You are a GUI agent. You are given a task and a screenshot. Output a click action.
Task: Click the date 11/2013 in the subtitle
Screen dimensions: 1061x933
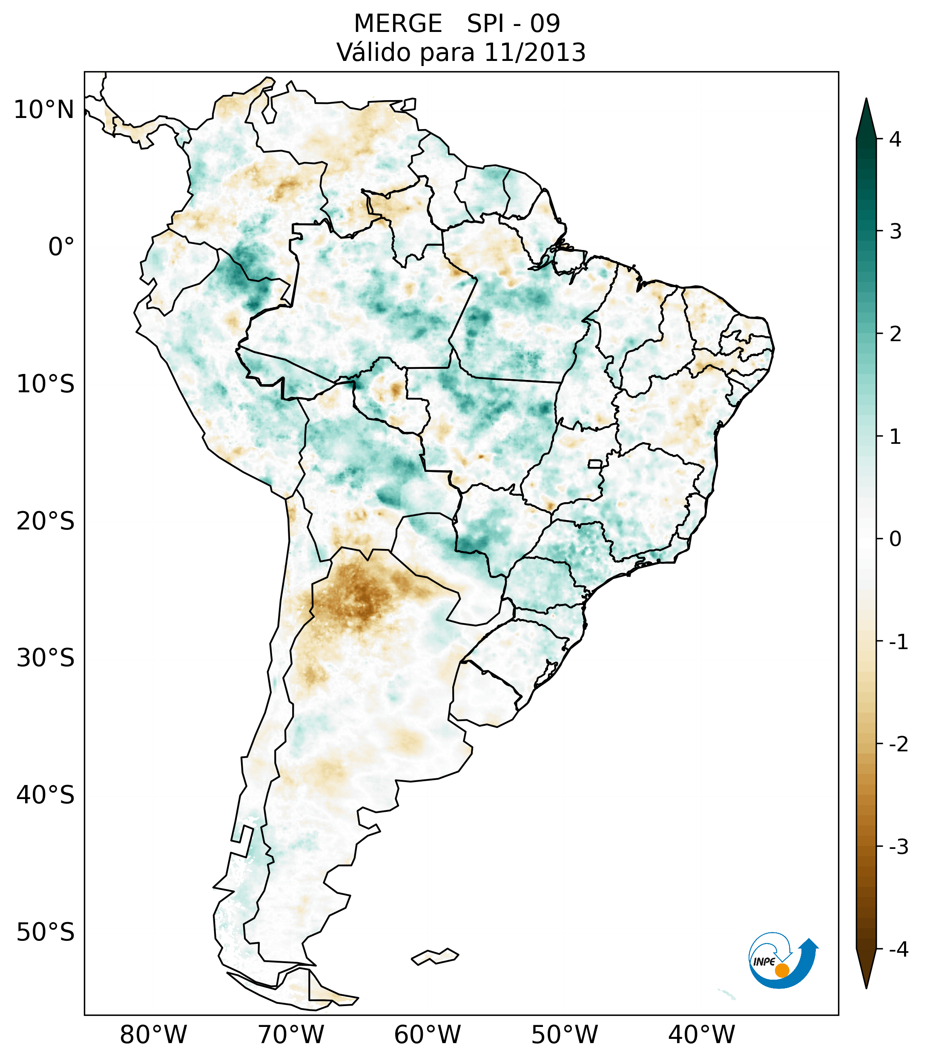point(534,53)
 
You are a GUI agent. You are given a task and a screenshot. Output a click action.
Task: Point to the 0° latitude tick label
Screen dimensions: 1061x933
point(61,247)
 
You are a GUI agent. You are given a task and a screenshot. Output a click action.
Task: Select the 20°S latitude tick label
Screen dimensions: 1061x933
point(46,521)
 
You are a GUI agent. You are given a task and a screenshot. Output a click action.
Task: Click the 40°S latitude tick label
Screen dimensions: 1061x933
point(46,795)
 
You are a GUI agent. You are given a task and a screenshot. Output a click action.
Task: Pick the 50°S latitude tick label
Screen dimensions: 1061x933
point(46,933)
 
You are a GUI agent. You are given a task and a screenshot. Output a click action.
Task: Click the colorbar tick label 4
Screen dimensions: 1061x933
point(895,139)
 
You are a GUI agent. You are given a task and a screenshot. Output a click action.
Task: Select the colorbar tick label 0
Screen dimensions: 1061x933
point(895,539)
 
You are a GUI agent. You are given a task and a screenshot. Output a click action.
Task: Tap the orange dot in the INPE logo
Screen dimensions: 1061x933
point(781,970)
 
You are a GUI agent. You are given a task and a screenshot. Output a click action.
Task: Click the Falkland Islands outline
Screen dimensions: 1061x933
point(435,956)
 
